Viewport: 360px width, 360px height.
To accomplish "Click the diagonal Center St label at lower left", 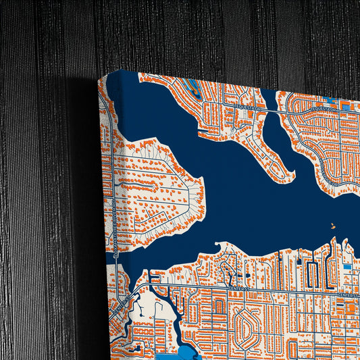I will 124,301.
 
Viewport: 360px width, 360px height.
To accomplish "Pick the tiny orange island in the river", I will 332,227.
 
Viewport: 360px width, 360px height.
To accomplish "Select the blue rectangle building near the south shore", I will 347,267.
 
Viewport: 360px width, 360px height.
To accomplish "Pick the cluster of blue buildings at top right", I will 347,106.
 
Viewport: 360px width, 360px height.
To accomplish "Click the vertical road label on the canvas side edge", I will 114,223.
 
